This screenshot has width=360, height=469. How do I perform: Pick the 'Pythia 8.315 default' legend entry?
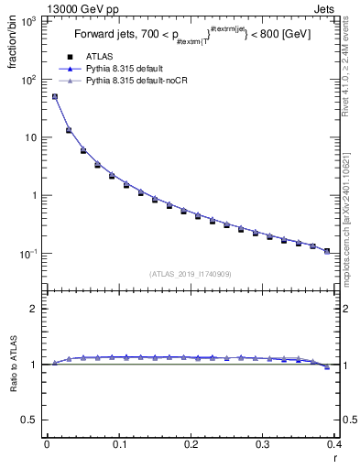[129, 70]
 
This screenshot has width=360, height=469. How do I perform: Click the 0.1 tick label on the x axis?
[119, 445]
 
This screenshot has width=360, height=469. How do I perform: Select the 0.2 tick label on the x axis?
[191, 445]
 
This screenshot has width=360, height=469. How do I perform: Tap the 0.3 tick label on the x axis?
[264, 445]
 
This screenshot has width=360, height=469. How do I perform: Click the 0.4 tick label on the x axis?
[335, 445]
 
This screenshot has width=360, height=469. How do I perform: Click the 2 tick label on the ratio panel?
[37, 310]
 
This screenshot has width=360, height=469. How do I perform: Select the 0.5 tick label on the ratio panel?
[32, 420]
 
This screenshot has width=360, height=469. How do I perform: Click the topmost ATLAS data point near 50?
[54, 96]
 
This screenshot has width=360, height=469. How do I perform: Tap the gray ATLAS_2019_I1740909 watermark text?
[190, 274]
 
